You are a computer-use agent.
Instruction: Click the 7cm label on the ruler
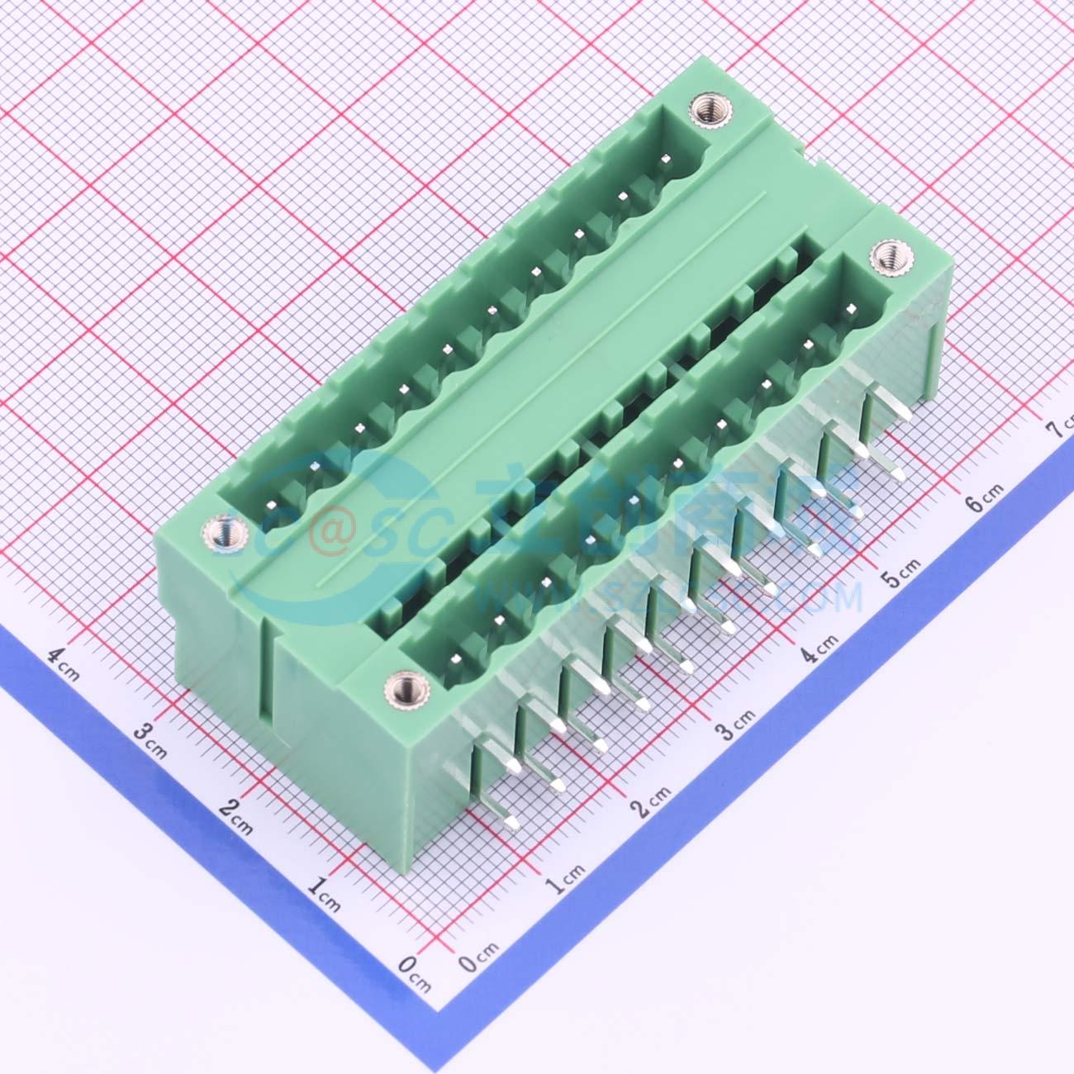[1060, 429]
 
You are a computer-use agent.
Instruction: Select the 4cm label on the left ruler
[62, 662]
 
